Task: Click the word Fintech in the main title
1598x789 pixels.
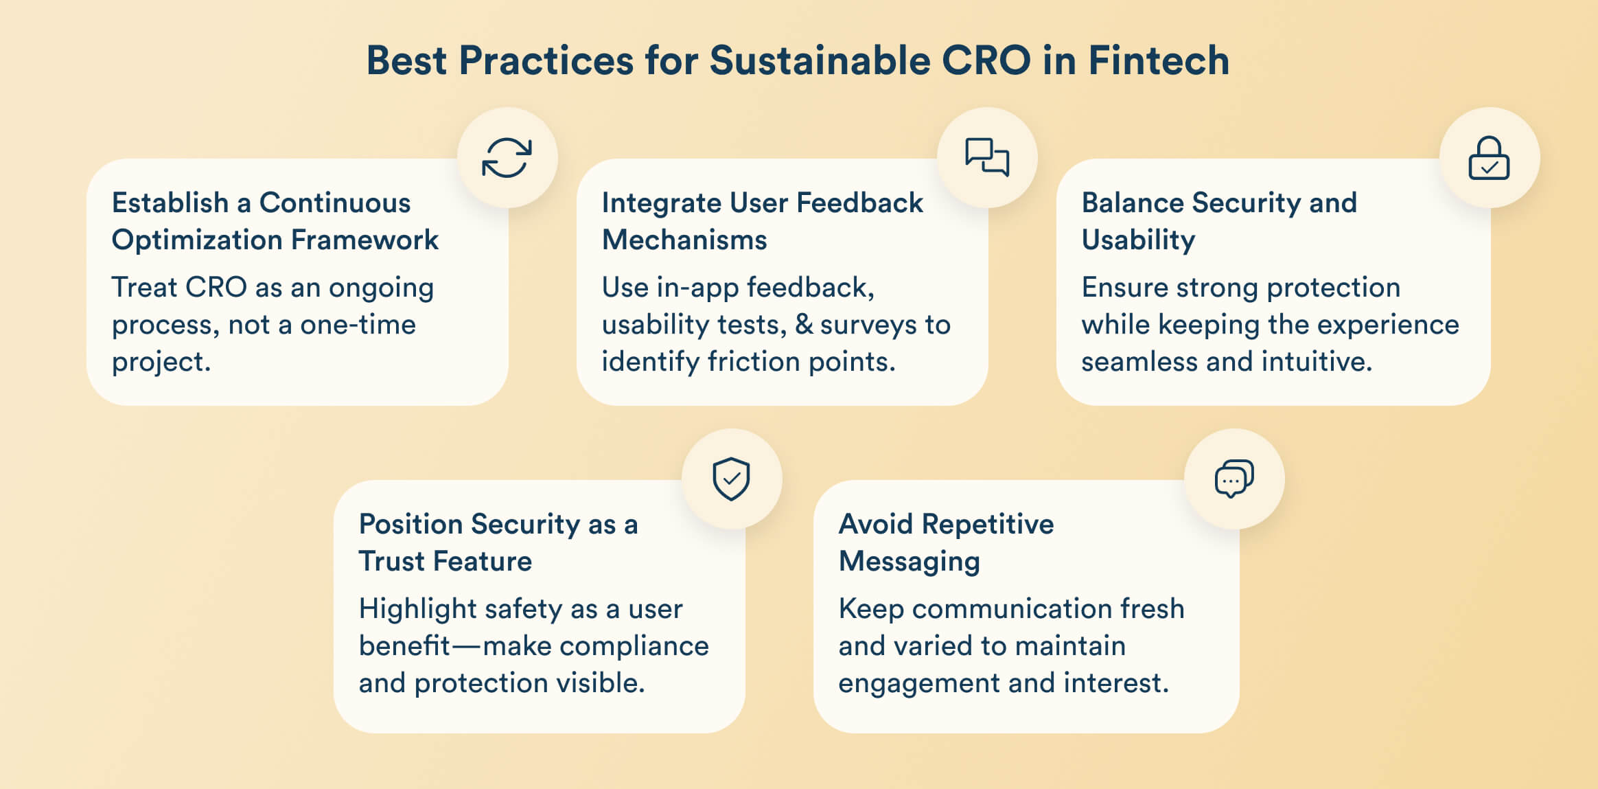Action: click(1159, 60)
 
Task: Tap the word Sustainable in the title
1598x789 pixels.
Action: click(819, 60)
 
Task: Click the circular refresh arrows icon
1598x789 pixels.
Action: click(507, 158)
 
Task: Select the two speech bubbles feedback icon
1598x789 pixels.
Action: click(987, 157)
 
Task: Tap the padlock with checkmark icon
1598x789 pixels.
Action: click(1489, 159)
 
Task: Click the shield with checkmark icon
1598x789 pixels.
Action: click(731, 479)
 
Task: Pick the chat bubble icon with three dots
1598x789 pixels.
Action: click(1234, 479)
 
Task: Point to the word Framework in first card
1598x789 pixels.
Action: click(364, 240)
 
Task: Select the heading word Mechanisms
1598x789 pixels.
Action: click(684, 240)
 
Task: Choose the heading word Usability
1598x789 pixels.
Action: click(1138, 240)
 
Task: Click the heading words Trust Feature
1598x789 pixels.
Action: click(445, 562)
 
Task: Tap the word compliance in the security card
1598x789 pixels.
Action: click(634, 646)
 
